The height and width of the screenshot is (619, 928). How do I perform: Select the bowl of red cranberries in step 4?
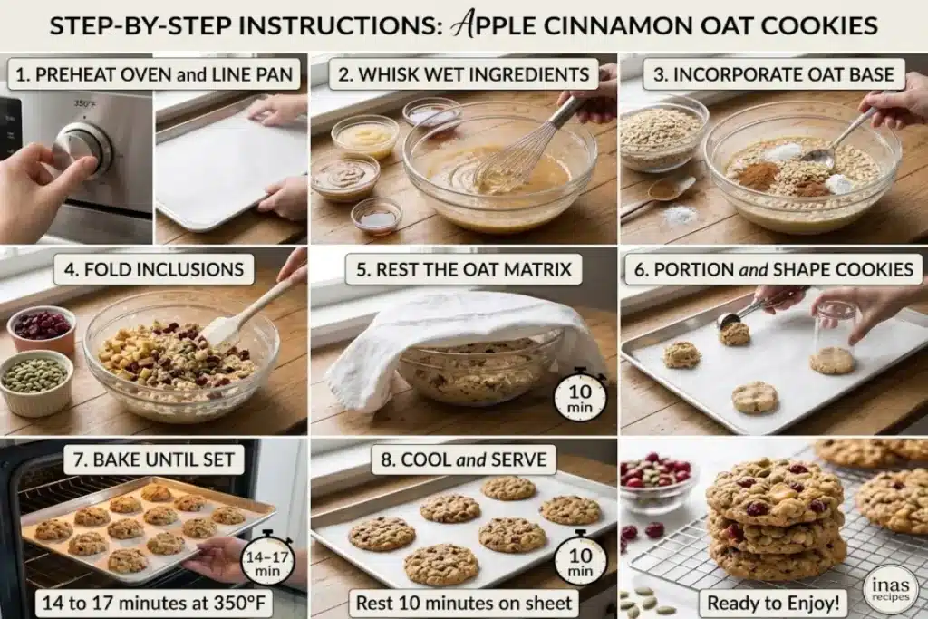click(x=42, y=328)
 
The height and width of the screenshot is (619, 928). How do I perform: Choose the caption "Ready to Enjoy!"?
click(x=773, y=603)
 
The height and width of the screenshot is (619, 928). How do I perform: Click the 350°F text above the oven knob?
click(x=84, y=103)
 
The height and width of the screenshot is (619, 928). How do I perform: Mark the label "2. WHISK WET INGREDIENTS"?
click(x=463, y=74)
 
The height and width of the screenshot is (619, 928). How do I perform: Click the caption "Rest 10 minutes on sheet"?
click(x=464, y=603)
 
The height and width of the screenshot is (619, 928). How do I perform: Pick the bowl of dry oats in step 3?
click(x=662, y=134)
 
